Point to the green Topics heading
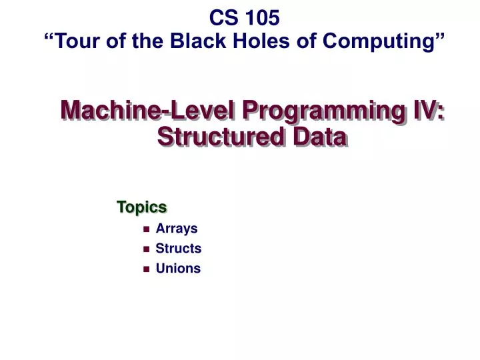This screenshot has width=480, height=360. click(141, 207)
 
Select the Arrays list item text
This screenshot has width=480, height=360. click(177, 229)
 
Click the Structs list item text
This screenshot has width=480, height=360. click(178, 249)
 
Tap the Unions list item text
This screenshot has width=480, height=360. click(178, 269)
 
